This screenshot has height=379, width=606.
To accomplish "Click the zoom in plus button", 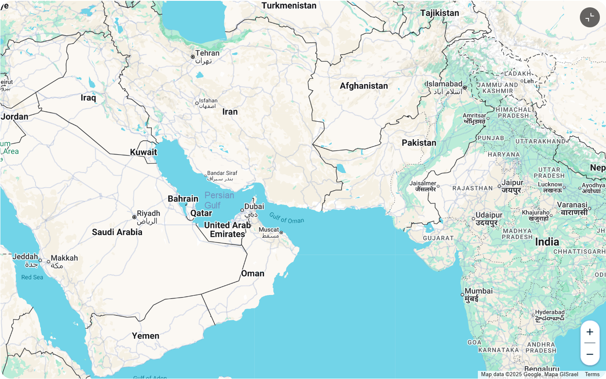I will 590,332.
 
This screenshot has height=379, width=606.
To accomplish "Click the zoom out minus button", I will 590,354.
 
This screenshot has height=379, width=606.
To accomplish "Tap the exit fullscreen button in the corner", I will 590,17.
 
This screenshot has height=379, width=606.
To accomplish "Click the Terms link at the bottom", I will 592,374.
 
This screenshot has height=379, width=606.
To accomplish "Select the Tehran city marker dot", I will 193,57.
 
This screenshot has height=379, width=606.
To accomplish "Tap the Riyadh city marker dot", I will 134,217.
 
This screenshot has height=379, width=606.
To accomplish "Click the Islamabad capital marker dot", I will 465,88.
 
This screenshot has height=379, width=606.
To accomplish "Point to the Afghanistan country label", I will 364,86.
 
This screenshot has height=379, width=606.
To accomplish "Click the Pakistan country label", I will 419,143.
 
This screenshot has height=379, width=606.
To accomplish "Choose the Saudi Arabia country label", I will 117,232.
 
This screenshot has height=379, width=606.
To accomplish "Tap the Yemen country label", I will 145,336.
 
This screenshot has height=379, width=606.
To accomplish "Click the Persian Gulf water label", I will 219,200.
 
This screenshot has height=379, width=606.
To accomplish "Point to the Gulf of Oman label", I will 286,218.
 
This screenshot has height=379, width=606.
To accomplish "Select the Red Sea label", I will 32,277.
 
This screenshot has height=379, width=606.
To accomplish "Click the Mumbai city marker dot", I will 462,295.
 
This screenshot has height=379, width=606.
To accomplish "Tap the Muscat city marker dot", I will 281,233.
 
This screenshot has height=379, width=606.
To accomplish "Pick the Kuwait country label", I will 143,152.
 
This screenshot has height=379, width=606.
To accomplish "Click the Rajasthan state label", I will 472,188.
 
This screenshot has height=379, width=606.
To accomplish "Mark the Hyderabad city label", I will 550,312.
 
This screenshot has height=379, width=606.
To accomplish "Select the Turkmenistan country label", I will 289,6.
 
